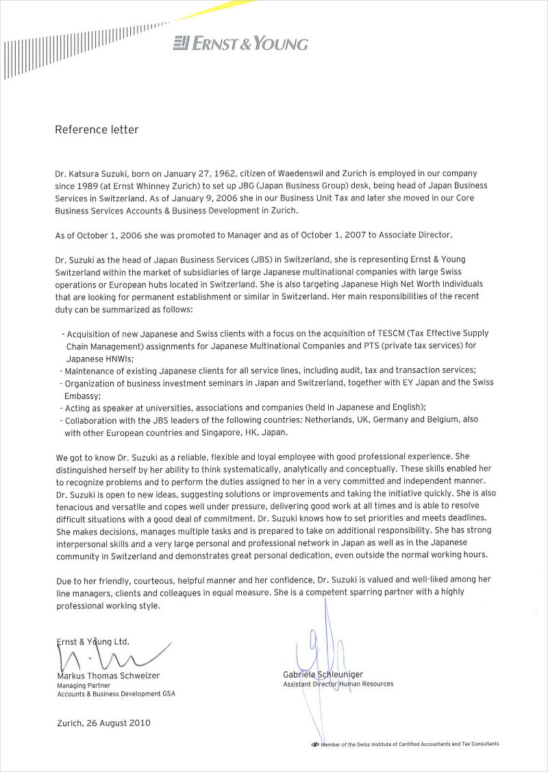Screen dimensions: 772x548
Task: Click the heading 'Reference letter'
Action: pos(97,129)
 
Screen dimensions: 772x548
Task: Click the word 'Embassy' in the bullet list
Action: pos(82,396)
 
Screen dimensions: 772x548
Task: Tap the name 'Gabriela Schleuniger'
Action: pos(323,674)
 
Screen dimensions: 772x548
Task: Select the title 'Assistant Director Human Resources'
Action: pos(338,684)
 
